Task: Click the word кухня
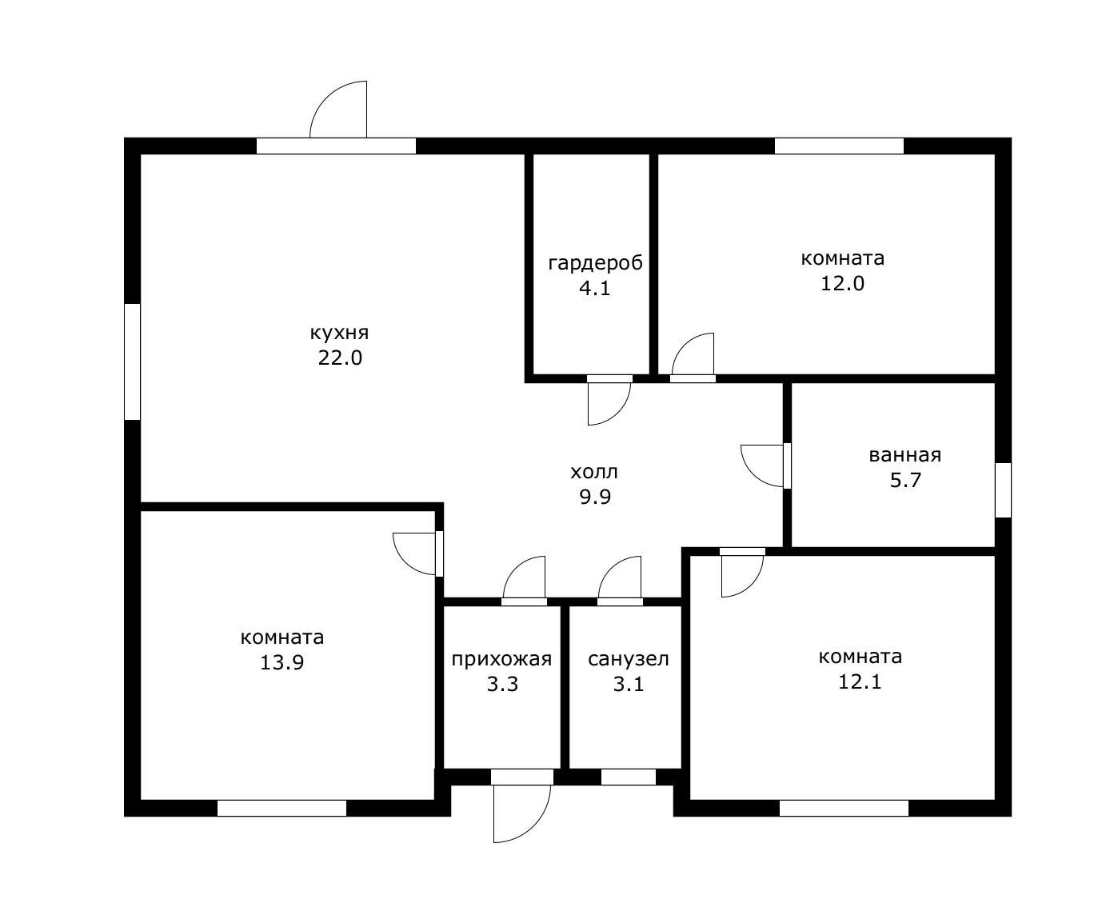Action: pyautogui.click(x=339, y=334)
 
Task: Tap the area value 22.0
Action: pyautogui.click(x=340, y=358)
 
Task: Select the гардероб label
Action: pyautogui.click(x=595, y=263)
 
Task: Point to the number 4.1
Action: pyautogui.click(x=595, y=288)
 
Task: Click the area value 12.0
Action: pyautogui.click(x=842, y=283)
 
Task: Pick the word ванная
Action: pyautogui.click(x=904, y=455)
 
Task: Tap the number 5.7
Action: pyautogui.click(x=905, y=480)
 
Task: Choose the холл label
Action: pyautogui.click(x=594, y=472)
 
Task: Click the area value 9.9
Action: pyautogui.click(x=595, y=497)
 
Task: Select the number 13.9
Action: pyautogui.click(x=281, y=663)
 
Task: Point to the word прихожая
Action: pyautogui.click(x=501, y=660)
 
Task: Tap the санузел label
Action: pyautogui.click(x=629, y=659)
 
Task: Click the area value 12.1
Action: pyautogui.click(x=860, y=681)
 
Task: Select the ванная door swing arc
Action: pyautogui.click(x=753, y=475)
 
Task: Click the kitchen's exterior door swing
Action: pyautogui.click(x=326, y=98)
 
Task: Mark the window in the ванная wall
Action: pyautogui.click(x=1004, y=490)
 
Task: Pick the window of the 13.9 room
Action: pyautogui.click(x=281, y=808)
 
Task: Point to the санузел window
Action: pyautogui.click(x=629, y=777)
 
